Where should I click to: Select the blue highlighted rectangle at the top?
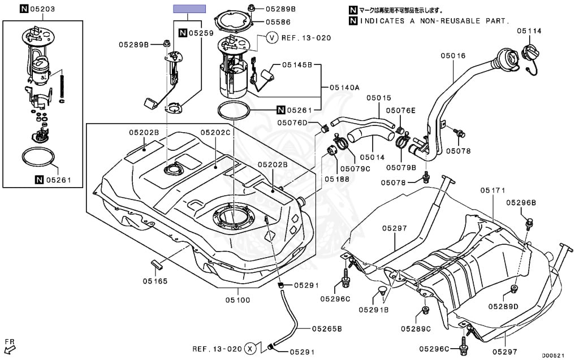click(x=189, y=9)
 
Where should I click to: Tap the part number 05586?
click(x=278, y=23)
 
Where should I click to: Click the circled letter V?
click(x=272, y=38)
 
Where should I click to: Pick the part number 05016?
click(x=453, y=55)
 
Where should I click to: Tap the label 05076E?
click(x=400, y=110)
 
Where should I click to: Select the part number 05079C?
click(x=356, y=168)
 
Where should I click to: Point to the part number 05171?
click(x=492, y=190)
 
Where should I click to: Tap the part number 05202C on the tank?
click(x=215, y=132)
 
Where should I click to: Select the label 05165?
click(x=154, y=280)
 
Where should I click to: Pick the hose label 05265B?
click(x=326, y=328)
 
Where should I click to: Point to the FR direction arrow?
click(x=10, y=344)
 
